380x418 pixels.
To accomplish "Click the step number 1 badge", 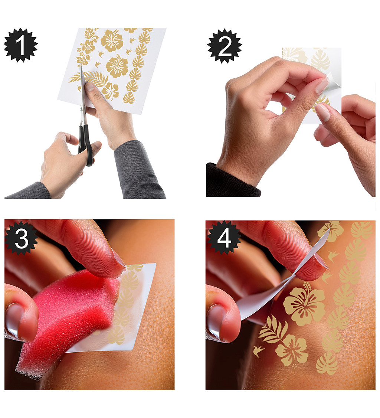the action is pos(21,45).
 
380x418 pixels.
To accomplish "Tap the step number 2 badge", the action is pos(225,46).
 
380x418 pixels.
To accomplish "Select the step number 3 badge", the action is pos(21,238).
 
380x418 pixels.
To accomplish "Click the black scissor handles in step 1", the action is pos(86,144).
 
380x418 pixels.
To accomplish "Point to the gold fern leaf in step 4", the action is pos(273,329).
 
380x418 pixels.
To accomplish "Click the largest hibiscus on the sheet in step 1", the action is pos(112,40).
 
